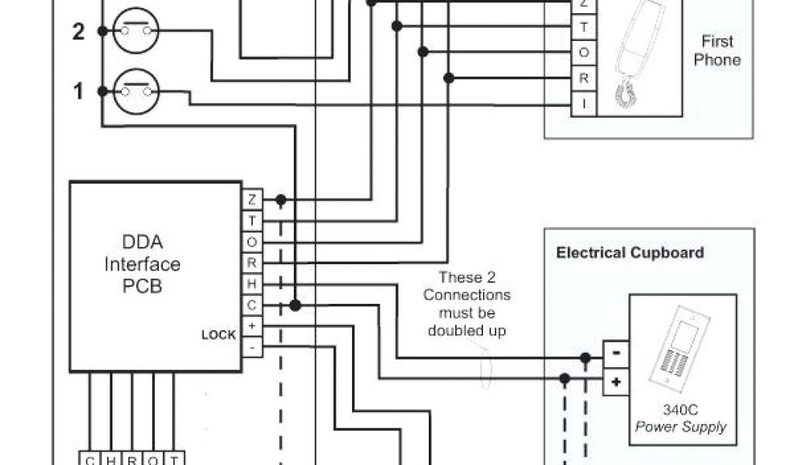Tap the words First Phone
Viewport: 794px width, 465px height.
point(716,50)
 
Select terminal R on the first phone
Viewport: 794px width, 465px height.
point(584,77)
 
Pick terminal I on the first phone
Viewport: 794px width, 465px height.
point(584,103)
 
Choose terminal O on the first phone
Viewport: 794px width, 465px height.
point(584,52)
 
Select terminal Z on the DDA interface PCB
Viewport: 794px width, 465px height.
point(252,199)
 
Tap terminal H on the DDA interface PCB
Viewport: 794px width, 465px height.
point(252,284)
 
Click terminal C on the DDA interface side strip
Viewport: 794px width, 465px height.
point(252,305)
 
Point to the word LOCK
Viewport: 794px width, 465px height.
point(219,336)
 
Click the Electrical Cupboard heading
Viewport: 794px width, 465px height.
point(630,253)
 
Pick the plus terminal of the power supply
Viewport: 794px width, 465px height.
point(616,381)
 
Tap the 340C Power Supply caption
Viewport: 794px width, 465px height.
point(681,419)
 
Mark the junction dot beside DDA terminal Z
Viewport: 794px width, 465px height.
point(281,200)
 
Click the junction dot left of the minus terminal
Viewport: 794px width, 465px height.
point(585,358)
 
